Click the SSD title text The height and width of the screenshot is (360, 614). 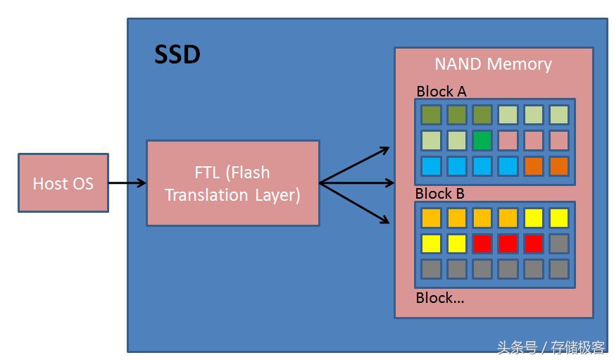click(177, 54)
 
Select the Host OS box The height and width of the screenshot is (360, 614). click(63, 183)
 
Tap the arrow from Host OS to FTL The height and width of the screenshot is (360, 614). click(127, 183)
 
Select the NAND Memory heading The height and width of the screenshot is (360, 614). click(493, 64)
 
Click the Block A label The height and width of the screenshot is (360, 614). click(441, 91)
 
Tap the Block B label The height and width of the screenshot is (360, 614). click(440, 194)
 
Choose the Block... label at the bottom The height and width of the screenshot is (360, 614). click(440, 297)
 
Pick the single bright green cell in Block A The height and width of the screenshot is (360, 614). click(482, 140)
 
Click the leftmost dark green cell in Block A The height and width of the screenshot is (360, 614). click(431, 115)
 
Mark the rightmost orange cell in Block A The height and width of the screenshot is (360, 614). click(559, 166)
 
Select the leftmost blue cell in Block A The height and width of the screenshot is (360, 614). click(431, 166)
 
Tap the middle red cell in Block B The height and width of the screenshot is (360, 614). click(508, 244)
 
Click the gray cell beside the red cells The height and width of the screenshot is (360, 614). click(559, 244)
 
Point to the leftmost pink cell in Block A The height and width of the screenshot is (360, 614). click(508, 140)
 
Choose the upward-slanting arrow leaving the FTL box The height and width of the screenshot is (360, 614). click(356, 166)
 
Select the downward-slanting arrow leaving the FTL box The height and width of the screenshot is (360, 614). click(356, 204)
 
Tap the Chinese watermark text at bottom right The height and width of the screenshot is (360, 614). click(551, 347)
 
